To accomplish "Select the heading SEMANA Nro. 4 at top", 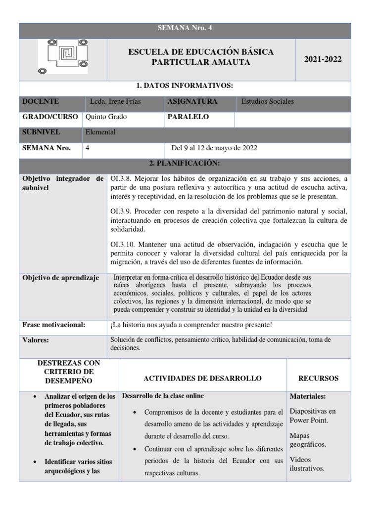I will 185,29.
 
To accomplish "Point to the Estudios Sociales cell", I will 267,101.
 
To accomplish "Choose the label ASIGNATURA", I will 192,101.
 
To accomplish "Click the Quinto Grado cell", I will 106,117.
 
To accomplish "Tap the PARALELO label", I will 189,117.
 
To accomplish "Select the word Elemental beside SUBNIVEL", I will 100,132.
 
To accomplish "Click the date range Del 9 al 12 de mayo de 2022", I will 214,148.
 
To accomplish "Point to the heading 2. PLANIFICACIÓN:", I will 185,164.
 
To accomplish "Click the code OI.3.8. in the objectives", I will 121,178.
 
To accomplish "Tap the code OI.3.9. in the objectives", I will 121,211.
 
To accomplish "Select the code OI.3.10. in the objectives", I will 123,244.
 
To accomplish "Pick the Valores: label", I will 36,340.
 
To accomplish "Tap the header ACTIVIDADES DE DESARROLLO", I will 202,379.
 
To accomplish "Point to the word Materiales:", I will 308,396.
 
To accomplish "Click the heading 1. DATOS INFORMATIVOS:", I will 185,86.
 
